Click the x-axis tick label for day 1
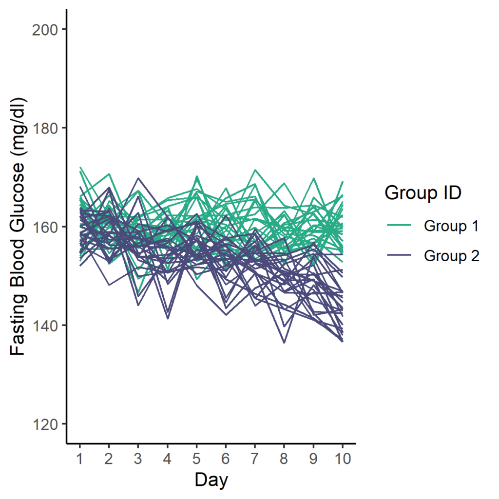79,459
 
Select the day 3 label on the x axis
138,459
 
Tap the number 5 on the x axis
196,459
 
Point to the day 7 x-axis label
255,459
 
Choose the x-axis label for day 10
343,459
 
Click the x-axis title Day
211,480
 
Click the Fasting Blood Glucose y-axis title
18,227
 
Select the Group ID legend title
423,193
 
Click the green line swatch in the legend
400,226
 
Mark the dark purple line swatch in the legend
400,255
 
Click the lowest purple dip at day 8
284,343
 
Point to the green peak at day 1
80,167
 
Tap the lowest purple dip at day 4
168,318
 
